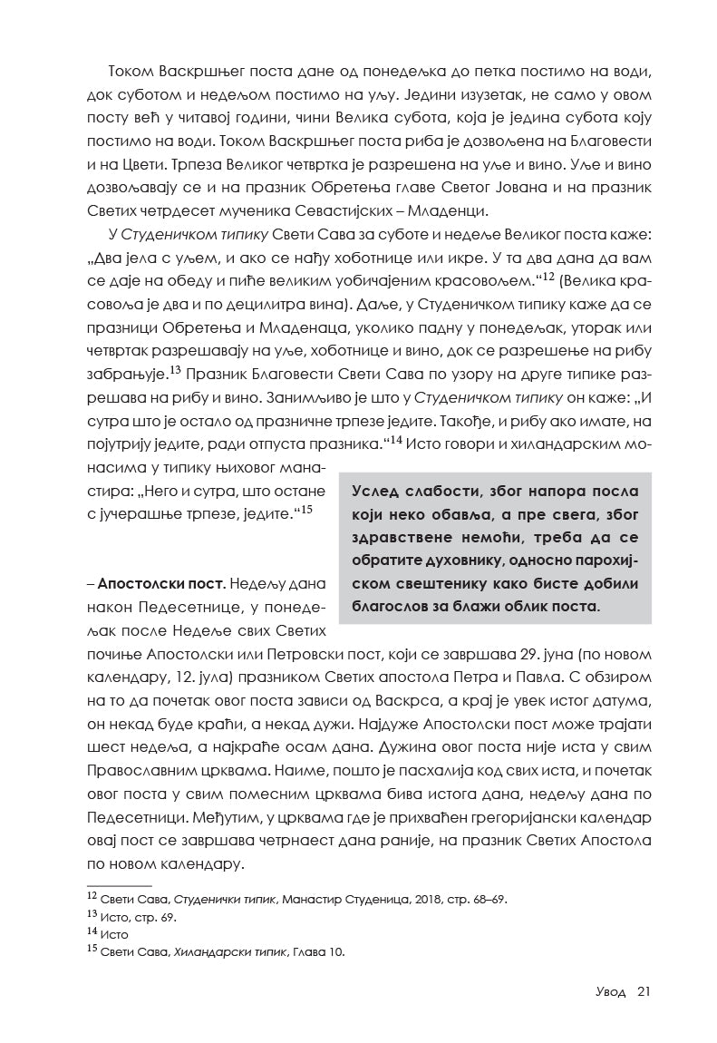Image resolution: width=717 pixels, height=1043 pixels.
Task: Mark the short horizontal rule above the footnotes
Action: (119, 884)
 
